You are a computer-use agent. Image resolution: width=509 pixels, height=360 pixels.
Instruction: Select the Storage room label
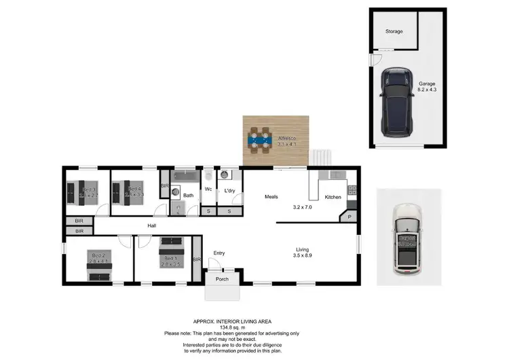pos(394,32)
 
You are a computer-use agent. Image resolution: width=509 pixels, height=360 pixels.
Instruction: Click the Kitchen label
pos(333,197)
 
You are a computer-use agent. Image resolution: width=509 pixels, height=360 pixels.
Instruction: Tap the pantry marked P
pos(350,217)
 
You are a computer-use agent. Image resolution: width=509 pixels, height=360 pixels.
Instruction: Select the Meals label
pos(271,197)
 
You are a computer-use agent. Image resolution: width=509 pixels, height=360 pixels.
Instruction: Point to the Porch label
pos(222,279)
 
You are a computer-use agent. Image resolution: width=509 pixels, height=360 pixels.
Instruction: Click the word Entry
pos(219,253)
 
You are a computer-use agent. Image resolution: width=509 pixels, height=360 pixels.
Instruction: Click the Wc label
pos(209,190)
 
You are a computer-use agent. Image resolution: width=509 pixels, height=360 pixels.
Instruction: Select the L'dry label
pos(229,191)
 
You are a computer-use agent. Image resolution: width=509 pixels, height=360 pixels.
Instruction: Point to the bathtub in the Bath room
pos(185,176)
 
